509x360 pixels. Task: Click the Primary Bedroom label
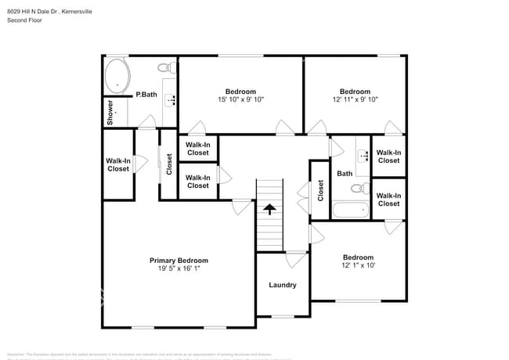click(179, 261)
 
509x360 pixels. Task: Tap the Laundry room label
click(283, 285)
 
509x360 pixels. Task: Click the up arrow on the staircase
click(269, 209)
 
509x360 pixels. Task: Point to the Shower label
click(111, 113)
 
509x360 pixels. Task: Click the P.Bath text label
click(146, 95)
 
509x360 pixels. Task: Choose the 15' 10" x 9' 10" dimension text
click(240, 99)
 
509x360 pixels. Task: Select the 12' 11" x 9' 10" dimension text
click(355, 99)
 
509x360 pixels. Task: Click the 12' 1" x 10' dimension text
click(358, 266)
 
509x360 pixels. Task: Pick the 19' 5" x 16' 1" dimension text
click(179, 269)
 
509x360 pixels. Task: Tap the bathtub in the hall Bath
click(350, 210)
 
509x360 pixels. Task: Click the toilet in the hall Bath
click(360, 189)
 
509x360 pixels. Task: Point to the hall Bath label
click(345, 174)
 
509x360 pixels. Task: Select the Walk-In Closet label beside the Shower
click(118, 164)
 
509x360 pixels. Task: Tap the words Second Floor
click(25, 20)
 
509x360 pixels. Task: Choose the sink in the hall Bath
click(363, 155)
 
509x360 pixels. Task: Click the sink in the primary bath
click(171, 99)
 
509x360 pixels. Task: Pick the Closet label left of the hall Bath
click(320, 190)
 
